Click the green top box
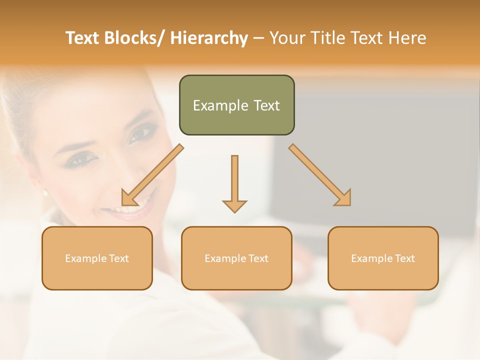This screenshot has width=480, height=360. pos(236,105)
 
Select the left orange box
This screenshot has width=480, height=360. pos(97,258)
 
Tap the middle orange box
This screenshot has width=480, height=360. pos(236,258)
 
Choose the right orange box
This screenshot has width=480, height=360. pos(383,258)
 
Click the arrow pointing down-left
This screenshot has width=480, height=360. pos(152,175)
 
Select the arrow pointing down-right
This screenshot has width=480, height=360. pos(320,175)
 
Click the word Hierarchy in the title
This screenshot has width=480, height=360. pos(209,38)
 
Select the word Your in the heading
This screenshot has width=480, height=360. pos(286,38)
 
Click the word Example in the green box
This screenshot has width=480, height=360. pos(213,105)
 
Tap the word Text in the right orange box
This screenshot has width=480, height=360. pos(404,258)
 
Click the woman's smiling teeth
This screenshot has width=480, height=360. pos(136,206)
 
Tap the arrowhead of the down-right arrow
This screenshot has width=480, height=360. pos(344,198)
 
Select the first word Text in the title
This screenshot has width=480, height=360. pos(83,38)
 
